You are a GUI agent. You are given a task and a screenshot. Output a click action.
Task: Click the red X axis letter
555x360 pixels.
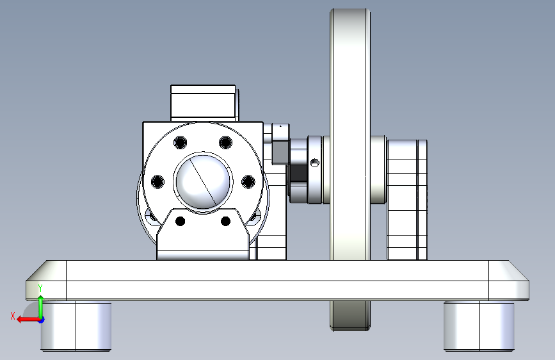coord(13,316)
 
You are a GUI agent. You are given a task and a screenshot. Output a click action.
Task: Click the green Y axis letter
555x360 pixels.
coord(40,288)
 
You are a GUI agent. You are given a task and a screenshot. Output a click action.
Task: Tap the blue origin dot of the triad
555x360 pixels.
coord(41,320)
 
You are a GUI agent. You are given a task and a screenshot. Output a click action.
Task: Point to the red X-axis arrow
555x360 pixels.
coord(28,320)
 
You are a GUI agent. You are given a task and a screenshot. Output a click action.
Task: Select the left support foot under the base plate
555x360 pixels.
coord(76,326)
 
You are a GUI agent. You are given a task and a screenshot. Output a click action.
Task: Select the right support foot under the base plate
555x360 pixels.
coord(479,326)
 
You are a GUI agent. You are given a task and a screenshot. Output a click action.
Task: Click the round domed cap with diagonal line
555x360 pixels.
coord(203,182)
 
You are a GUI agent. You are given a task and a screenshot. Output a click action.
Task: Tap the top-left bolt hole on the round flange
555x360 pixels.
coord(180,143)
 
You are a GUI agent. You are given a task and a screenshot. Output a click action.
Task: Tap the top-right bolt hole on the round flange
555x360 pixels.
coord(225,143)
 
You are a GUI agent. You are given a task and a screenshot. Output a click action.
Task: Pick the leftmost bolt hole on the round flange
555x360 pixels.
coord(157,182)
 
